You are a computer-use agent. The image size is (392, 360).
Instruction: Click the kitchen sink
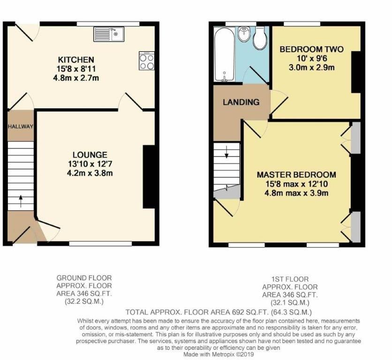(x=109, y=34)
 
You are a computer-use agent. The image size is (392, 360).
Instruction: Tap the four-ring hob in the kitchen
(x=147, y=61)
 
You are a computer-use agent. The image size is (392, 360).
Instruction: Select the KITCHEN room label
(x=76, y=60)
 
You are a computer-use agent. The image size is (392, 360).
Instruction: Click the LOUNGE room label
(x=90, y=155)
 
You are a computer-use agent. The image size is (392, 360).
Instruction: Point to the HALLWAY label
(x=21, y=127)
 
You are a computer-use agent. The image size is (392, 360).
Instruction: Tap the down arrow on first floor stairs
(x=226, y=152)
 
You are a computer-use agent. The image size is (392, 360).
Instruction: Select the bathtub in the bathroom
(x=225, y=54)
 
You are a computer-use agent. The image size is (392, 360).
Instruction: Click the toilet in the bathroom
(x=260, y=38)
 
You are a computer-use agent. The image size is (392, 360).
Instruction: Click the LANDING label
(x=241, y=102)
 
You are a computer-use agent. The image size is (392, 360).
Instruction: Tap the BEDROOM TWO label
(x=311, y=49)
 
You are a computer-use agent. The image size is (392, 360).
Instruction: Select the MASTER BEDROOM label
(x=296, y=174)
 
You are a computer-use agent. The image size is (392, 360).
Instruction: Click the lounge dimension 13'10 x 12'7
(x=90, y=164)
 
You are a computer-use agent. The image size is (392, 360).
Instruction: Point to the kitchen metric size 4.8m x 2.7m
(x=76, y=78)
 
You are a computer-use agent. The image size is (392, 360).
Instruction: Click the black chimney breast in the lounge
(x=149, y=177)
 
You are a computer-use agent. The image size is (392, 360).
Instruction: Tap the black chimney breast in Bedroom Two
(x=356, y=72)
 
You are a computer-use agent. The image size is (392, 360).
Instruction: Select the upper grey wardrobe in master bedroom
(x=356, y=138)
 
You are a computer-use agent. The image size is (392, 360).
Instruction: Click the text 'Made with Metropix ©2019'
(x=219, y=354)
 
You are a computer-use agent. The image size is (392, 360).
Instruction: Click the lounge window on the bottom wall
(x=100, y=243)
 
